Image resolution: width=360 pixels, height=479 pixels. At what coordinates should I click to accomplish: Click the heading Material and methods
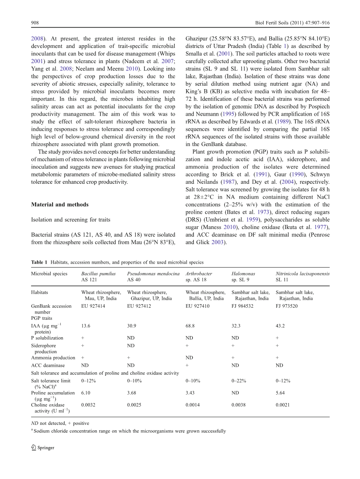[x=60, y=204]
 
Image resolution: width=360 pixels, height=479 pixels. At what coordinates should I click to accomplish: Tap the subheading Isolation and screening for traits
[x=70, y=220]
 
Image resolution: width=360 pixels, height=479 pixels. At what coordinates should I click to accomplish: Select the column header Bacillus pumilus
[x=98, y=274]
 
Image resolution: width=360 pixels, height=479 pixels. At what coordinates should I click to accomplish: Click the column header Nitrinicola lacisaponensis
[x=302, y=274]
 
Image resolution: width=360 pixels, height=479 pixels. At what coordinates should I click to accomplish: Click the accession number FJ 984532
[x=242, y=306]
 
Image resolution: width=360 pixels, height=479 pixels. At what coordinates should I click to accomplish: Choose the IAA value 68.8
[x=190, y=326]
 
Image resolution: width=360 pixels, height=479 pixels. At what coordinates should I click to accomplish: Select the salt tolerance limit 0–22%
[x=239, y=381]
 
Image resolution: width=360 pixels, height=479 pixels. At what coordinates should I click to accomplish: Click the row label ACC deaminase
[x=48, y=365]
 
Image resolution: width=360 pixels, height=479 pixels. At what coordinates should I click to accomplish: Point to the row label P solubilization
[x=47, y=338]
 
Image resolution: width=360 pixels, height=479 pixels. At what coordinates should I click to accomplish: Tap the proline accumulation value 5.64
[x=280, y=393]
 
